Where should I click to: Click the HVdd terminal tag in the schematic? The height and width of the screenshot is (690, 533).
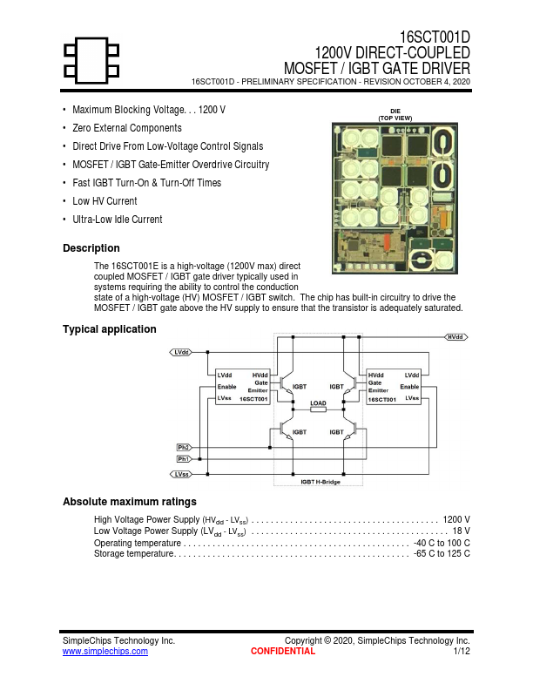[x=455, y=336]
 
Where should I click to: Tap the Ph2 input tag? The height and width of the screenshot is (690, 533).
[x=184, y=447]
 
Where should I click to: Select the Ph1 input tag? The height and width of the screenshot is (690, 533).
[x=184, y=458]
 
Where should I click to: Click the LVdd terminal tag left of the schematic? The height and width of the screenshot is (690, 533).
[x=181, y=352]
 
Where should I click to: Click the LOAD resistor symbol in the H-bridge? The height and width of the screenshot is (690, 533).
[x=319, y=409]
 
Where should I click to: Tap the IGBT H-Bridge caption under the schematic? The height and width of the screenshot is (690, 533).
[x=320, y=481]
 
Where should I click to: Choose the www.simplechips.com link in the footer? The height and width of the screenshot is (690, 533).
[x=105, y=651]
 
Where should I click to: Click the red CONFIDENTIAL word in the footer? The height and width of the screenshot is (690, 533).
[x=283, y=651]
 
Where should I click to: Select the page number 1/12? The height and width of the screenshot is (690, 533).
[x=462, y=651]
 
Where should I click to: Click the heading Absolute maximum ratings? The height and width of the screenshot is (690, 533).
[x=130, y=502]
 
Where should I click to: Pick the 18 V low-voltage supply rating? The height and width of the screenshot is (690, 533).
[x=462, y=531]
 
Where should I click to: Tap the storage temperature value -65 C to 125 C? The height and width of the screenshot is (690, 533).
[x=442, y=553]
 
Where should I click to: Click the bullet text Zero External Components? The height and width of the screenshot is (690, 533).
[x=127, y=128]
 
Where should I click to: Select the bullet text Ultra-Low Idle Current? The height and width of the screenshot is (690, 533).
[x=117, y=220]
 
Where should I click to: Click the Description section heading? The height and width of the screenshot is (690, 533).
[x=91, y=248]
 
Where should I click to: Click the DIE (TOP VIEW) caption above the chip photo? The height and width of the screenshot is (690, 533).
[x=395, y=114]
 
